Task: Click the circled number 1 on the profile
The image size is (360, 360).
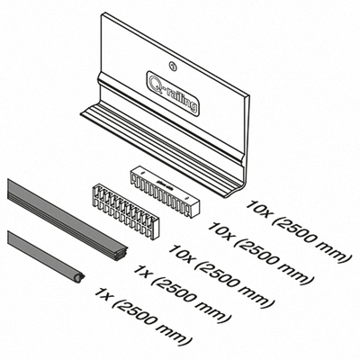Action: point(172,65)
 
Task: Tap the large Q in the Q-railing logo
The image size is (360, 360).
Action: point(156,81)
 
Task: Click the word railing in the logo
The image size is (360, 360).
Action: point(181,97)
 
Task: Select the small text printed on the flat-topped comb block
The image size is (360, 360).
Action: point(164,184)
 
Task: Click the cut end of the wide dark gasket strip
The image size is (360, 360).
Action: point(122,253)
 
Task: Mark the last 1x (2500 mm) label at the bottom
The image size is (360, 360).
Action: point(143,316)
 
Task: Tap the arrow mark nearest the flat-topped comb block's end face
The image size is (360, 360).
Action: point(187,199)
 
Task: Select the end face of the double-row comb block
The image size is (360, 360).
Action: point(154,229)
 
